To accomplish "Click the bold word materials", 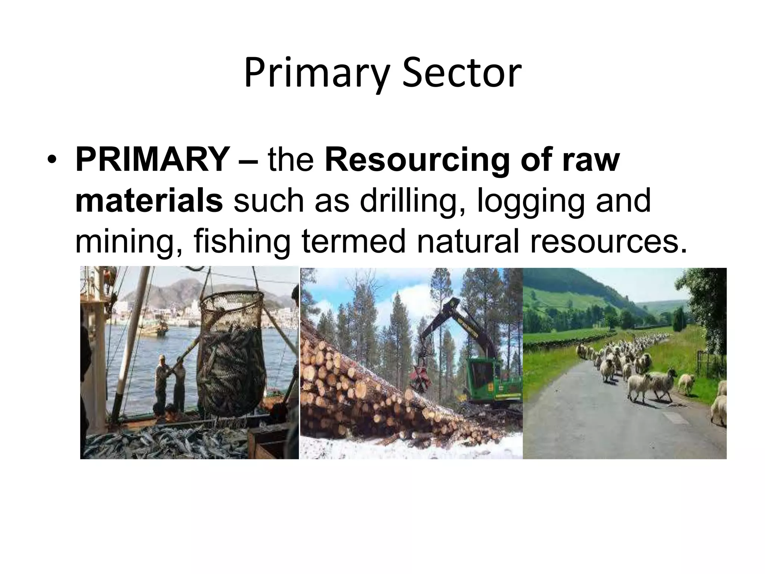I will point(149,200).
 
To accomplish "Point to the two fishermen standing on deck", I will point(170,381).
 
